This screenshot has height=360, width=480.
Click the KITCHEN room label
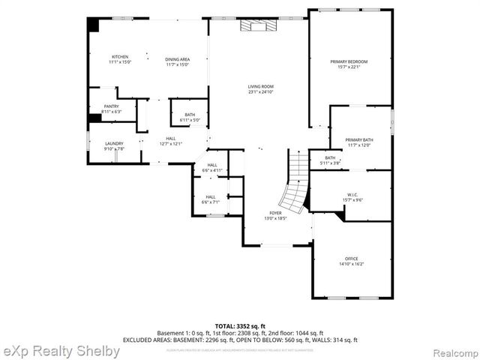point(120,57)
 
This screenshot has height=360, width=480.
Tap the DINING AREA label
point(177,59)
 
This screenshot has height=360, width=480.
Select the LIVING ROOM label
point(260,87)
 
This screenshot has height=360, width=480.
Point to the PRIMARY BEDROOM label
point(349,61)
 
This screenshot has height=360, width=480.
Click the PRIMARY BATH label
point(359,140)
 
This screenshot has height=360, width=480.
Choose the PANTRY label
point(111,106)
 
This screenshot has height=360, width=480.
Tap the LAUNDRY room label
point(114,143)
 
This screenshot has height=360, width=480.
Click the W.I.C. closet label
point(352,195)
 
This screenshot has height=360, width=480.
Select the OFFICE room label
point(351,259)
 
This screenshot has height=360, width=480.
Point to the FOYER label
point(275,214)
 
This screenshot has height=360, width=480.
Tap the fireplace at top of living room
point(259,26)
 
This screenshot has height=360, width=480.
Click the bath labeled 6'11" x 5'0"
point(190,117)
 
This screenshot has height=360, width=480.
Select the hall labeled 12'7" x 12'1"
point(171,140)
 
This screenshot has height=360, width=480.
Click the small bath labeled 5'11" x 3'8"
point(330,160)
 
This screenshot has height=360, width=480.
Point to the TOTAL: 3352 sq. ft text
point(240,326)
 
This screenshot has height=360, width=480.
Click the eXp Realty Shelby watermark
point(61,351)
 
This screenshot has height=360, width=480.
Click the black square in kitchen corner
point(94,25)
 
